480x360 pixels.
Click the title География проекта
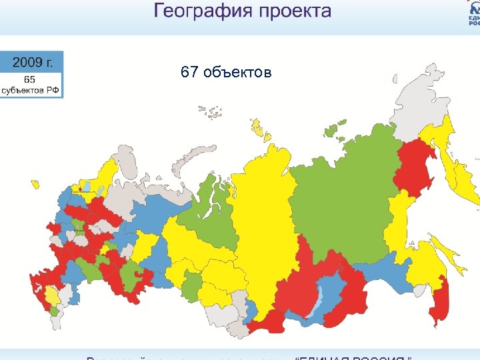coord(242,11)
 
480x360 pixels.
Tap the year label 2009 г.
coord(33,63)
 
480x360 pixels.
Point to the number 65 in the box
coord(30,78)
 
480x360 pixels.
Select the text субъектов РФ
coord(31,89)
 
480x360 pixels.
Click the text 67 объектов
coord(226,72)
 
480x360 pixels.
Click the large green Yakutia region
coord(340,187)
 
